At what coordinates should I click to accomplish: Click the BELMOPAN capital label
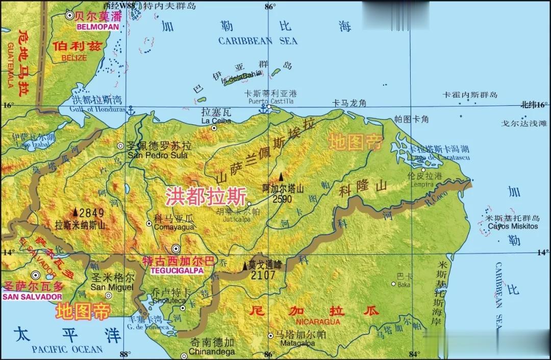(x=98, y=26)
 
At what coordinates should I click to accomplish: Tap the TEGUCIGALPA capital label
(x=173, y=270)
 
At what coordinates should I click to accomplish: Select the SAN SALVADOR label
(x=32, y=297)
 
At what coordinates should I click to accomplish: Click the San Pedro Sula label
(x=158, y=155)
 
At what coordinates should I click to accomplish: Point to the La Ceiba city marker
(x=214, y=128)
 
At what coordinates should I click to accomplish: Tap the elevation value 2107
(x=263, y=275)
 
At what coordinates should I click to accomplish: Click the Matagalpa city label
(x=295, y=343)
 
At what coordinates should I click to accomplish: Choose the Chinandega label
(x=212, y=352)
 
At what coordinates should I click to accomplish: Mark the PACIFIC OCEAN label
(x=67, y=349)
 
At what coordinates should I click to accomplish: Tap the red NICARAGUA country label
(x=318, y=322)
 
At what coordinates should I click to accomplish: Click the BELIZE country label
(x=74, y=58)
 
